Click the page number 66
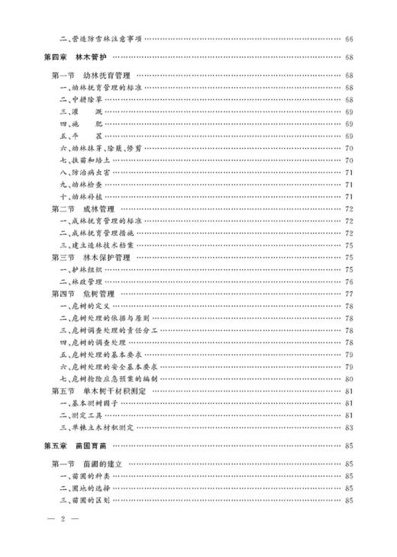tap(349, 38)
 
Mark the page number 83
tap(349, 427)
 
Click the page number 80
tap(349, 378)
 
